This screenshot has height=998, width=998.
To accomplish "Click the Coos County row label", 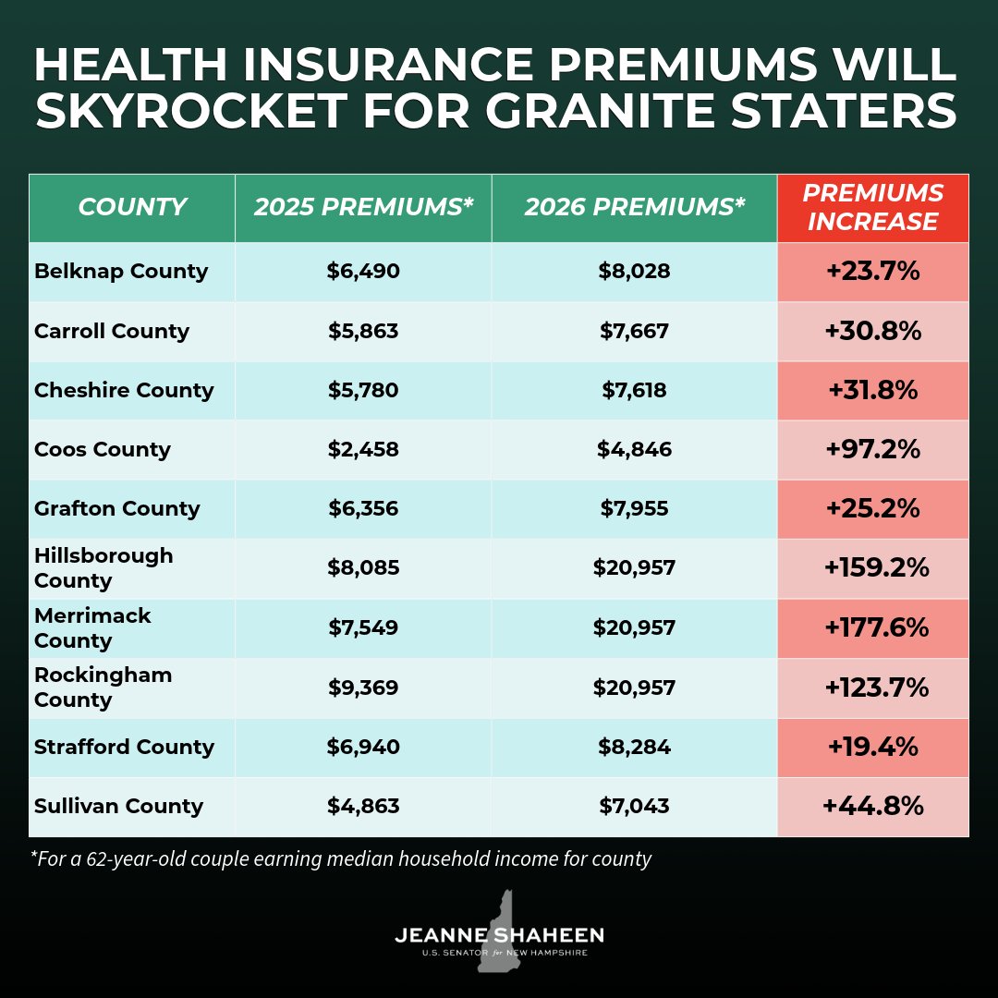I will pos(103,450).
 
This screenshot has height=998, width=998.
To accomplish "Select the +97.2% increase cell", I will pos(873,450).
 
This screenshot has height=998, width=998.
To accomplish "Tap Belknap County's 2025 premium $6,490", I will pos(363,272).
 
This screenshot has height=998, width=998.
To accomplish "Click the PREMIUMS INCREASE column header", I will pos(873,208).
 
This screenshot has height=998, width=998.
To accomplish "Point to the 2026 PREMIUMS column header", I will pos(634,208).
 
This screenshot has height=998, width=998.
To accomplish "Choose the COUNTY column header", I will pos(132,208).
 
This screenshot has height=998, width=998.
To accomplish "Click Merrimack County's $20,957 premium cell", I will pos(634,628).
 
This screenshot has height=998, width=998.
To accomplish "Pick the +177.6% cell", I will pos(873,628).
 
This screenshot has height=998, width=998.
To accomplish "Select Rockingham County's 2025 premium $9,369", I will pos(363,688).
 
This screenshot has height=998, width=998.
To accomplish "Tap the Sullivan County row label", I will pos(118,807).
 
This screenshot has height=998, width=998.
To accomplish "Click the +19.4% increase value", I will pos(873,747).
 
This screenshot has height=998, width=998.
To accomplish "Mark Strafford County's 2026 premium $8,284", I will pos(634,747).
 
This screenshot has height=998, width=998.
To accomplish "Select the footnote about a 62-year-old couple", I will pos(341,859).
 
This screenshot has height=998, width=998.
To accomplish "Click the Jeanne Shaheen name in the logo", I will pos(499,935).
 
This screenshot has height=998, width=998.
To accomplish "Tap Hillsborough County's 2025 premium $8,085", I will pos(363,568).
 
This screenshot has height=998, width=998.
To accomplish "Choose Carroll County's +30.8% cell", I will pos(873,331).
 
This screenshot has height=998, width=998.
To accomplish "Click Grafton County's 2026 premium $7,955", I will pos(634,509).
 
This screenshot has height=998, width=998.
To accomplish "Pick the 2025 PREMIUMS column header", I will pos(363,208).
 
